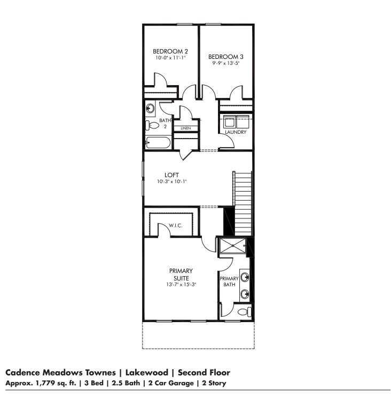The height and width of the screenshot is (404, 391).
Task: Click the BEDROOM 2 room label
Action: coord(170,51)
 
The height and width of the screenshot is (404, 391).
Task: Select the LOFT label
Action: coord(171,175)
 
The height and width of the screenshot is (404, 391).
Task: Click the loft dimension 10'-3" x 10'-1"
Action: coord(171,182)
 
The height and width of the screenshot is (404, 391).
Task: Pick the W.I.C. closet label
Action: coord(176,226)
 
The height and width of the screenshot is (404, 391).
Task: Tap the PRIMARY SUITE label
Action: coord(181,275)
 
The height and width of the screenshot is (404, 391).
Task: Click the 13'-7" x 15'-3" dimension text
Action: coord(181,285)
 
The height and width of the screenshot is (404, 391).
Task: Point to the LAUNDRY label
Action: coord(236,132)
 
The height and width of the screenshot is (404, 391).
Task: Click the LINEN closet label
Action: coord(185,128)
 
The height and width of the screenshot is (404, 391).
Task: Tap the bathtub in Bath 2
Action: coord(158,143)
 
